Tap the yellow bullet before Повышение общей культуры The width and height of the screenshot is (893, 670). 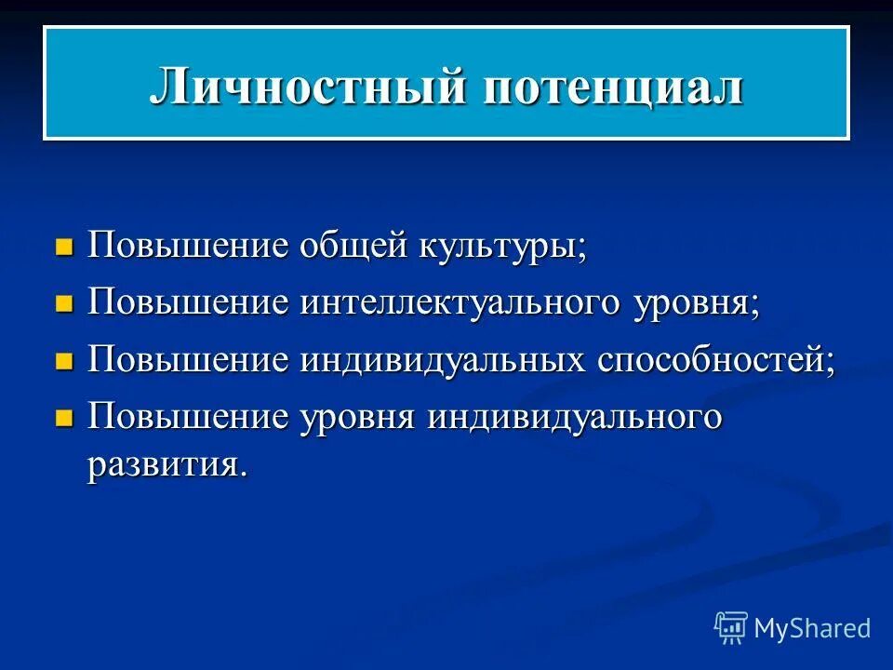click(64, 248)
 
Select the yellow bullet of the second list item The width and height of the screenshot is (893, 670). click(64, 304)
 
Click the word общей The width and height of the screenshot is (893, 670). click(353, 248)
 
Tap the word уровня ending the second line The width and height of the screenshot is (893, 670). click(696, 306)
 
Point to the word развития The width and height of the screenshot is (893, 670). click(167, 464)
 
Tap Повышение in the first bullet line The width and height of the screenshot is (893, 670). click(189, 248)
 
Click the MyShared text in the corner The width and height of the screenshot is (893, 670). click(812, 628)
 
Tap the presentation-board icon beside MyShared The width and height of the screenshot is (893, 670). click(731, 628)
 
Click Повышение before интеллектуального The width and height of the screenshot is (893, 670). click(189, 304)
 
